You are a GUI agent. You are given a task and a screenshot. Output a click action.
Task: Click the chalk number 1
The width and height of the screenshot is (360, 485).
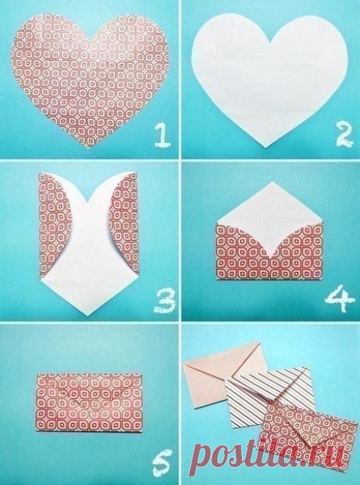coord(162,135)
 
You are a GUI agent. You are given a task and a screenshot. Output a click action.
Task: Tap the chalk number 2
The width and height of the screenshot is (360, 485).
coord(344,135)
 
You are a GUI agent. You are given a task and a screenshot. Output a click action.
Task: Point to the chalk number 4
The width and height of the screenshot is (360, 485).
coord(340,298)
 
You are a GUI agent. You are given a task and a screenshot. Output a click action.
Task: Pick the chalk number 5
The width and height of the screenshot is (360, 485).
coord(162,463)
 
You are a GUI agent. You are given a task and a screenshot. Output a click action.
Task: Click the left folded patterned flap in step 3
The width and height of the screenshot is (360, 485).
coord(53,225)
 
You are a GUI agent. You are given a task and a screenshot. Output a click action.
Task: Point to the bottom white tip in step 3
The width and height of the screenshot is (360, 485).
coord(88,315)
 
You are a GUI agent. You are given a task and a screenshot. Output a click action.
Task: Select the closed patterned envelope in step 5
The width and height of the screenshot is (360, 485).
coord(89,401)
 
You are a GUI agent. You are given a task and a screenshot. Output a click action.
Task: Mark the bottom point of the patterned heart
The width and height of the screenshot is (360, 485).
coord(89,146)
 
